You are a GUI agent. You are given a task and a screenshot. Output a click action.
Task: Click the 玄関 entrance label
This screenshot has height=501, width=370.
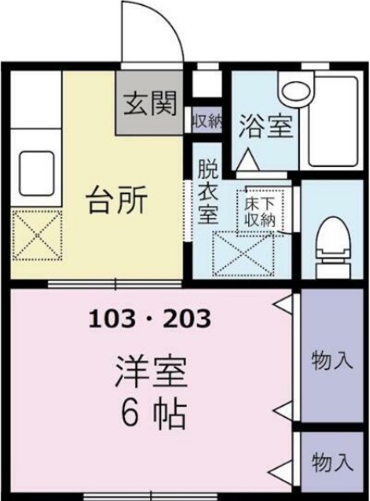pos(150,104)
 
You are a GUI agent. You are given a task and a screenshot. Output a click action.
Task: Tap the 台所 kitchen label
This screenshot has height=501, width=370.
pos(117,200)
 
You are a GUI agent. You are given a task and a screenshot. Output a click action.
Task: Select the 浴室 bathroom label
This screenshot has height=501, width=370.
pos(266,126)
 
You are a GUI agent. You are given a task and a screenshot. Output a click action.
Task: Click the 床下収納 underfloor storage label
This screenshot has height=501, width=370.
pos(260,212)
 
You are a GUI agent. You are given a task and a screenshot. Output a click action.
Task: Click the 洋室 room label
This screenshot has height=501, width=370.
pos(151,372)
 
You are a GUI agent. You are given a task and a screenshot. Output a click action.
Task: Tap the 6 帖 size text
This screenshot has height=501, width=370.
pos(153,414)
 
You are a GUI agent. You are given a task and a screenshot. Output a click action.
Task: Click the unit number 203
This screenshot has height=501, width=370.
pos(188,319)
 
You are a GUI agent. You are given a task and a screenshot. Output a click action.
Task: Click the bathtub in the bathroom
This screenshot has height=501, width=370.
pos(333,121)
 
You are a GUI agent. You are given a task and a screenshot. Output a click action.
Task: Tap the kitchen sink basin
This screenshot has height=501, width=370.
pos(37,173)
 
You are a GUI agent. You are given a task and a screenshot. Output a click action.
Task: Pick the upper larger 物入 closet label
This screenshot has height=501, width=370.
pos(332,361)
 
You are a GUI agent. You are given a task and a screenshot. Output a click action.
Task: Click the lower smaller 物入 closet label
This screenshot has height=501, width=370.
pos(332,462)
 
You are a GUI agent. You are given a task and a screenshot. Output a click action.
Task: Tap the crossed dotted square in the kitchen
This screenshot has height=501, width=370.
pos(37,235)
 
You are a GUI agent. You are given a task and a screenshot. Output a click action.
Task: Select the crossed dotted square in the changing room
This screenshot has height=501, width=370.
pos(243,253)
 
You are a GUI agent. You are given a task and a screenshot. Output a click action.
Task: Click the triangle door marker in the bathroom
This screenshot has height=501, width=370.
pos(248,159)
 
